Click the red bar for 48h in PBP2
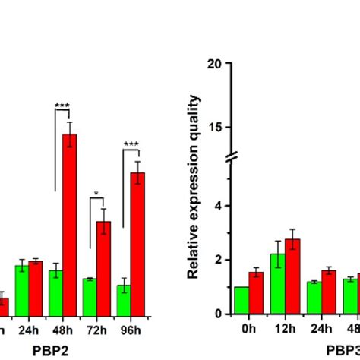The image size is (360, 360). click(69, 224)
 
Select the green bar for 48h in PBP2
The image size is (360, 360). click(55, 292)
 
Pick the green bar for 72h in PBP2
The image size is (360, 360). click(89, 296)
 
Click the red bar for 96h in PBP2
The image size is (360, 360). click(137, 243)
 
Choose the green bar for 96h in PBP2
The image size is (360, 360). click(123, 299)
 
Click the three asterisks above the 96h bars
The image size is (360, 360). click(131, 144)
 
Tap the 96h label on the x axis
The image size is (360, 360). click(131, 331)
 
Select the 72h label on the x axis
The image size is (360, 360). click(96, 331)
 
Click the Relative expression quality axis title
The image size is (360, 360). click(194, 186)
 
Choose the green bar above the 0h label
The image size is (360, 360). click(242, 300)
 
